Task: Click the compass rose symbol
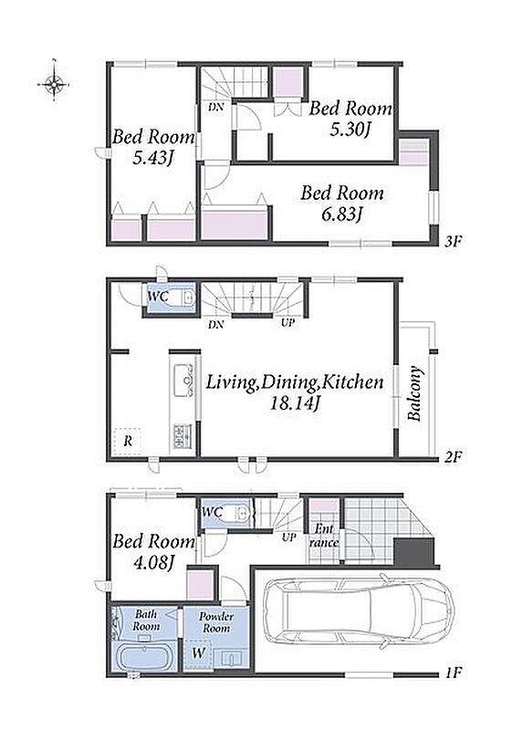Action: [x=54, y=84]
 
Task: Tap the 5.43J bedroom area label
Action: [x=153, y=158]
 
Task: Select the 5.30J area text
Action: [x=350, y=130]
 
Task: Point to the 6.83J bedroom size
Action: [x=342, y=214]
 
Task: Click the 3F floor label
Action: [x=452, y=242]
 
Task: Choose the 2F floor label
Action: [x=452, y=457]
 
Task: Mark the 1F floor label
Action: [x=452, y=673]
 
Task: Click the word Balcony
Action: [x=414, y=394]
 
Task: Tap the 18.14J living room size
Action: [x=295, y=403]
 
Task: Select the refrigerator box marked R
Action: [x=128, y=441]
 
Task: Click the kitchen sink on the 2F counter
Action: [x=183, y=381]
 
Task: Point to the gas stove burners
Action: [x=183, y=436]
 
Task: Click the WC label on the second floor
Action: [x=158, y=296]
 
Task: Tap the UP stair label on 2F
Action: [x=287, y=322]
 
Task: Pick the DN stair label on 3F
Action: [x=215, y=107]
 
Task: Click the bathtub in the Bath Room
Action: [x=144, y=657]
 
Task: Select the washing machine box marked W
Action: [x=198, y=653]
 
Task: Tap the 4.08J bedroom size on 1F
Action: [x=153, y=563]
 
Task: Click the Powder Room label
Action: [x=216, y=622]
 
